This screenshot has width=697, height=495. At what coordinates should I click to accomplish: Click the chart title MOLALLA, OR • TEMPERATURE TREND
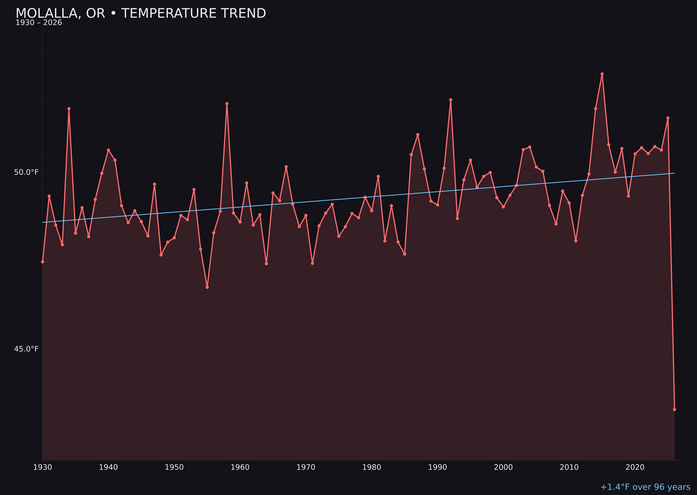tap(141, 13)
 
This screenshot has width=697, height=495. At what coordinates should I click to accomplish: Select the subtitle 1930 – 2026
tap(39, 23)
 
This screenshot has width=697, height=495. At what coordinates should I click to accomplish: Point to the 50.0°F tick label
tap(26, 172)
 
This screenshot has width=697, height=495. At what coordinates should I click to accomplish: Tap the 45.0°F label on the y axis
tap(26, 349)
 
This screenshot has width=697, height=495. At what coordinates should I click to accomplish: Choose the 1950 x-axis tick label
tap(174, 468)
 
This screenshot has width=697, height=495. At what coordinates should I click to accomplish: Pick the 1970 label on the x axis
tap(306, 468)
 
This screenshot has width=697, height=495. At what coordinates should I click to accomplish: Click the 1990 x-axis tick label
tap(438, 468)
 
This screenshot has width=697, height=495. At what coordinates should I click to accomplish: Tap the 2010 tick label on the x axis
tap(569, 468)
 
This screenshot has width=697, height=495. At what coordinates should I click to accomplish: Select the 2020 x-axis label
tap(635, 468)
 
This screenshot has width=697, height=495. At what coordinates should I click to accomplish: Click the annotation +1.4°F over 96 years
tap(645, 487)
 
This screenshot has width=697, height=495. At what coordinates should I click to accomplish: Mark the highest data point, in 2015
tap(602, 74)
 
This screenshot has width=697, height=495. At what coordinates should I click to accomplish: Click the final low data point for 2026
tap(674, 410)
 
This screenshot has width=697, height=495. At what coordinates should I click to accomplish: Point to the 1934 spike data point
tap(69, 108)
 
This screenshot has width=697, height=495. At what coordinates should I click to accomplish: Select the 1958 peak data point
tap(227, 104)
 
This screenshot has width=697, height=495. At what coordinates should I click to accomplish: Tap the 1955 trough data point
tap(207, 287)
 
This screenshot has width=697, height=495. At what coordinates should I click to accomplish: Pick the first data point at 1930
tap(42, 262)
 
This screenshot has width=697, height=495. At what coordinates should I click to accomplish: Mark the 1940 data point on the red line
tap(108, 150)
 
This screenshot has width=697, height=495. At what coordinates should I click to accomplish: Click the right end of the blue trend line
tap(674, 173)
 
